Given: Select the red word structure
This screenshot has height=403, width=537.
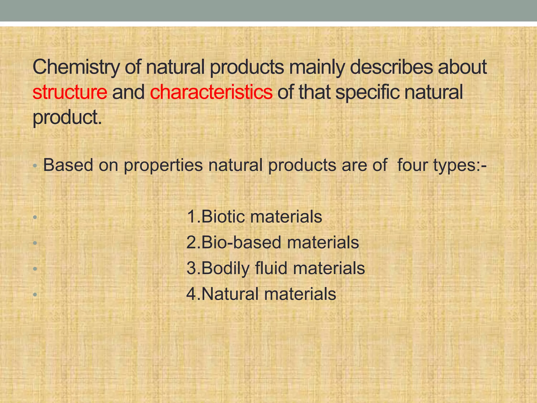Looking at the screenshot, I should pos(70,92).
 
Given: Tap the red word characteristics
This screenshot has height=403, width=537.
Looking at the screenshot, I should pos(211,92).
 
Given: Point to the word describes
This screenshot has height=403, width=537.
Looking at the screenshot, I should pos(391,67).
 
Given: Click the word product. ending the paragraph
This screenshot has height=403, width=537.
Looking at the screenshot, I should pos(67,118).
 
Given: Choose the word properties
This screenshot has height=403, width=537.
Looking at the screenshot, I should pos(163,166).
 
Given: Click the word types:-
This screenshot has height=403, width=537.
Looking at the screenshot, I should pos(460,166).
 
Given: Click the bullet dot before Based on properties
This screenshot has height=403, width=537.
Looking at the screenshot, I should pos(35,166).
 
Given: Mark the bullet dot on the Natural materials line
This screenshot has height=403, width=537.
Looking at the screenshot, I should pos(35,294).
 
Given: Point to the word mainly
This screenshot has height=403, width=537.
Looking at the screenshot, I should pos(317,67).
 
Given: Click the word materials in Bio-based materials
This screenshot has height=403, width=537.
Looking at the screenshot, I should pos(323,242).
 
